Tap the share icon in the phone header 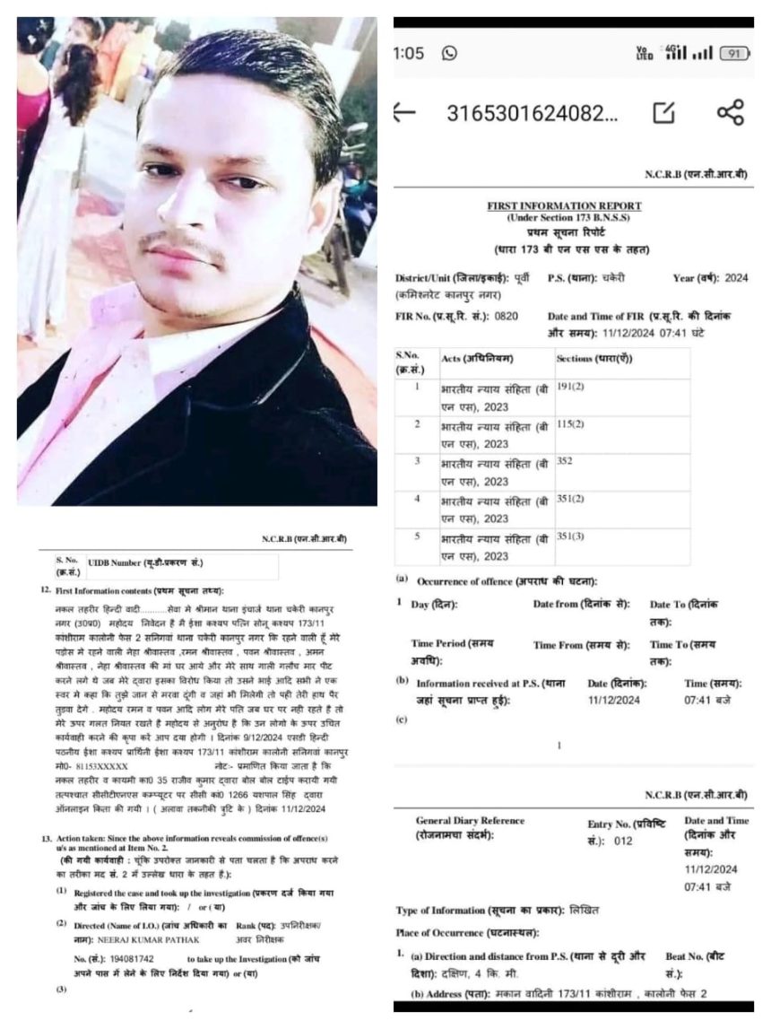pyautogui.click(x=731, y=112)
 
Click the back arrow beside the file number pyautogui.click(x=405, y=112)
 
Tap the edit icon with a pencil pyautogui.click(x=663, y=112)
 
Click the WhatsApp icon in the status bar pyautogui.click(x=449, y=53)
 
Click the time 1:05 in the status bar pyautogui.click(x=408, y=53)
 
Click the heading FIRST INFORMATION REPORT pyautogui.click(x=564, y=205)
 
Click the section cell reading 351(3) pyautogui.click(x=570, y=536)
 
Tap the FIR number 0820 pyautogui.click(x=507, y=317)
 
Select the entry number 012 pyautogui.click(x=623, y=842)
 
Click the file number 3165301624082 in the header pyautogui.click(x=532, y=113)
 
